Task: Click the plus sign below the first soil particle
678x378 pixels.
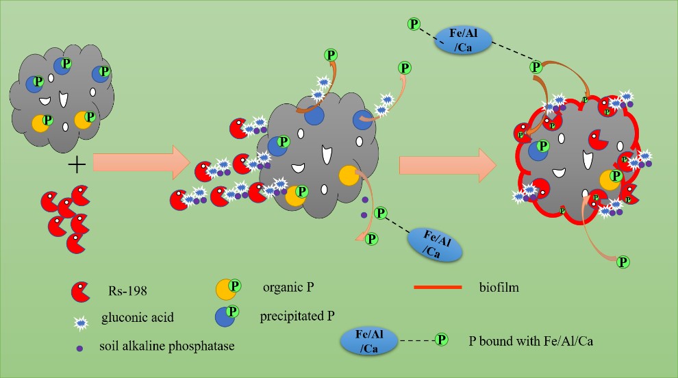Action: [x=77, y=164]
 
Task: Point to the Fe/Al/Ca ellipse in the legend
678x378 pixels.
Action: [x=370, y=340]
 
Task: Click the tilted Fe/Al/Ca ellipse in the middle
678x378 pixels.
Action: [x=435, y=244]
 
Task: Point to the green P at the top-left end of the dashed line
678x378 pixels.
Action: [x=414, y=25]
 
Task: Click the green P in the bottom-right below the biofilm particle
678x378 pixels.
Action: [x=623, y=261]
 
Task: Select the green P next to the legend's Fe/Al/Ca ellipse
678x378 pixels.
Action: [x=442, y=339]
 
